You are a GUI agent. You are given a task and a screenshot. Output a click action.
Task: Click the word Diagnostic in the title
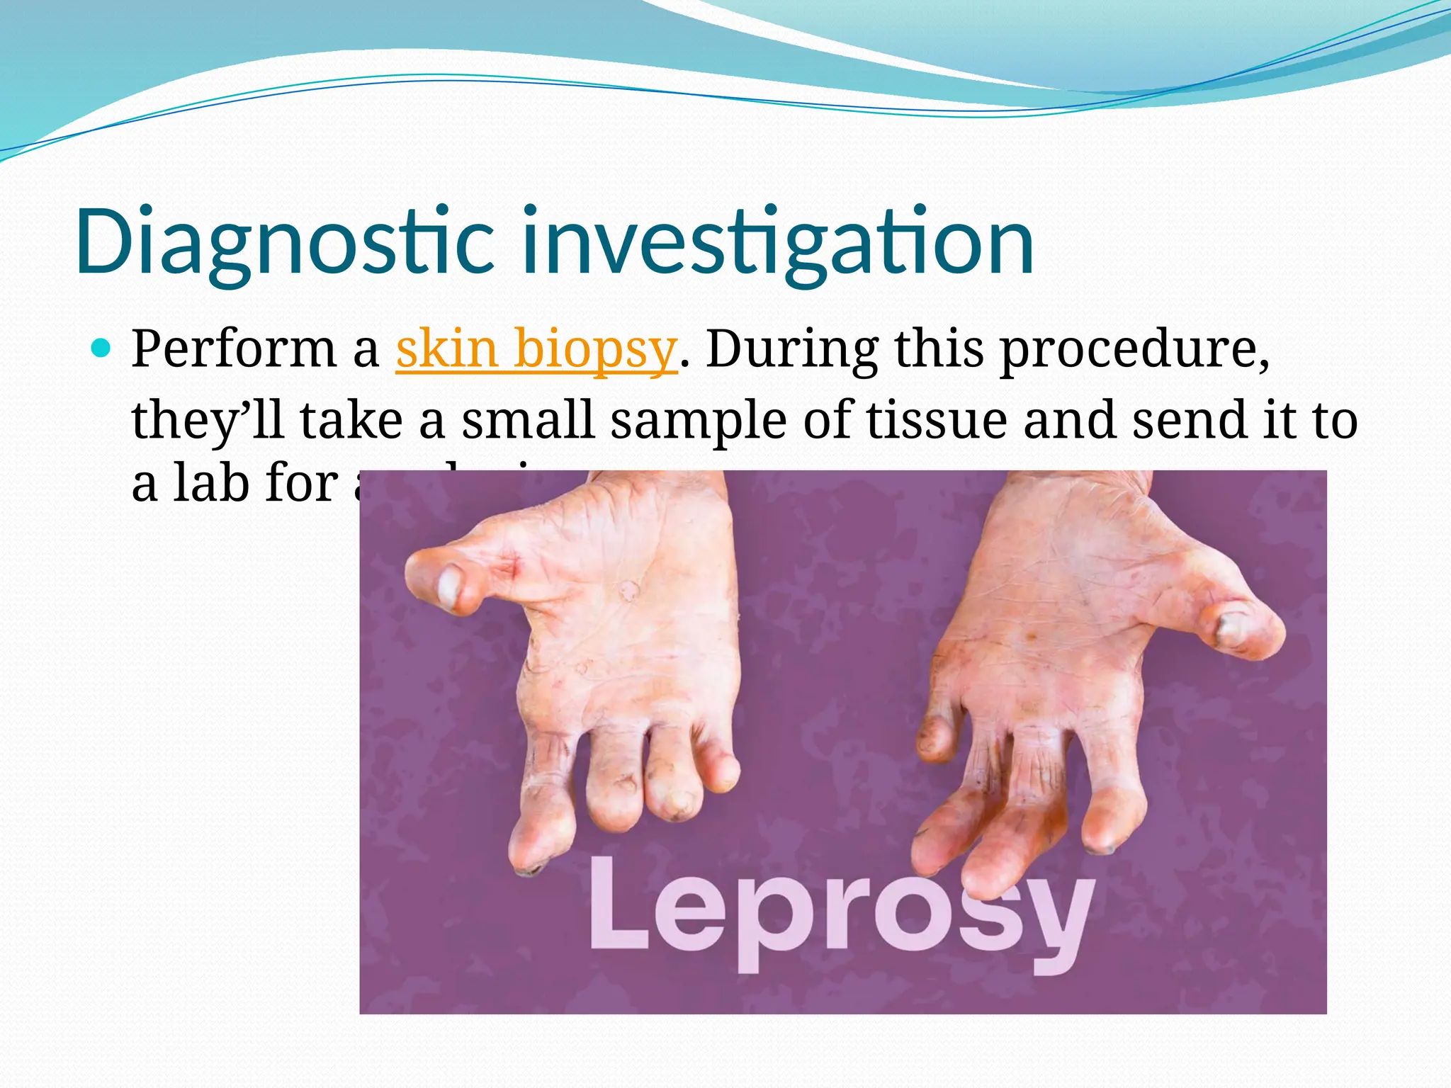[x=283, y=241]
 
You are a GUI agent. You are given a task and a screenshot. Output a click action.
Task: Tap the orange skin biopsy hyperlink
[x=536, y=348]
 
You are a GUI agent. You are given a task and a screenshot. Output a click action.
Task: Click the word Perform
[x=234, y=348]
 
